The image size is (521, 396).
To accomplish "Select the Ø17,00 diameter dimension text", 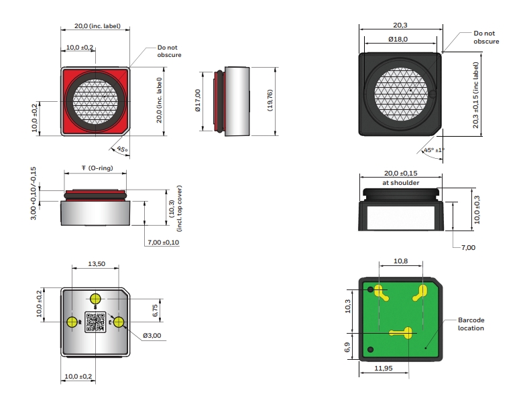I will tap(198, 101).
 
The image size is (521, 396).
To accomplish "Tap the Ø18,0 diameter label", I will tap(399, 40).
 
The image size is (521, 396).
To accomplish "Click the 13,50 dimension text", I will tap(97, 264).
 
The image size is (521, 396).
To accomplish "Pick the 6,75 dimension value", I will tap(155, 310).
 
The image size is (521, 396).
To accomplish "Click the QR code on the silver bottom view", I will tap(95, 322).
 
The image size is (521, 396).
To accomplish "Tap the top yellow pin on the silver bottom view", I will tap(96, 298).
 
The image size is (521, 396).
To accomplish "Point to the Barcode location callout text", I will tap(471, 324).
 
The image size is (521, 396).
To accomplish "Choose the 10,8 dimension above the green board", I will tap(400, 261).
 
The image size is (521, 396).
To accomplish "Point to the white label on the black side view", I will tap(402, 218).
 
